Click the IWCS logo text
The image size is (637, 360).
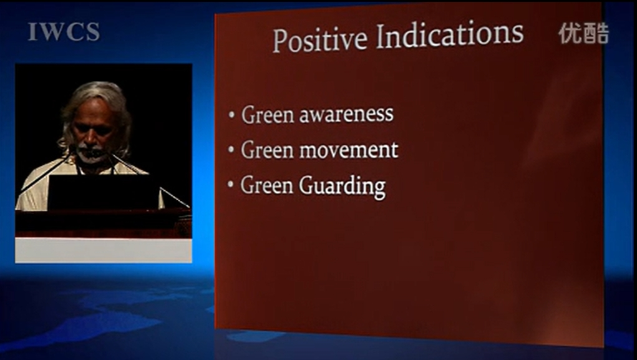64,32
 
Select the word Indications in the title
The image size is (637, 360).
450,34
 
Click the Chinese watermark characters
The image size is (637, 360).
584,33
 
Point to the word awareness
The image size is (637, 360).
346,114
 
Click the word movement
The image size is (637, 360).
349,150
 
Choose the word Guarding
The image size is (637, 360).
343,187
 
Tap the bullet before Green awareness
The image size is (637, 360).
231,115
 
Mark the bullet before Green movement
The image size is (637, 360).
231,150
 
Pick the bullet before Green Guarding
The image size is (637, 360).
231,185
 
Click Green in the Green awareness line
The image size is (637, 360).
268,114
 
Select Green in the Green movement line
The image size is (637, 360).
267,150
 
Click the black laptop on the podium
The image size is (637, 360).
104,192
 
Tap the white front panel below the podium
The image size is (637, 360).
104,250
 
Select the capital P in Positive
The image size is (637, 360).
280,41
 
